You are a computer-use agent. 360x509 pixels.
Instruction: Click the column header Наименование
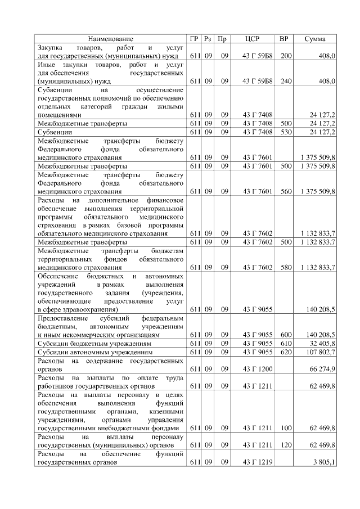[111, 39]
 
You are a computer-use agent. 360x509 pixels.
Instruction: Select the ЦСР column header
[252, 39]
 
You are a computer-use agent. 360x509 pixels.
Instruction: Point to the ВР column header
[285, 39]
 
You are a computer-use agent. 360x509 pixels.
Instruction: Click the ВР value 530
[286, 132]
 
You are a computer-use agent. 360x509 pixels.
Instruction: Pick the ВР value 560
[286, 192]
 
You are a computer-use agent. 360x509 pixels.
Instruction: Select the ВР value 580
[286, 267]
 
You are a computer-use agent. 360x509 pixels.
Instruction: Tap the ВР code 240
[286, 81]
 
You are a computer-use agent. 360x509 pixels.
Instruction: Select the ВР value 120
[286, 445]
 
